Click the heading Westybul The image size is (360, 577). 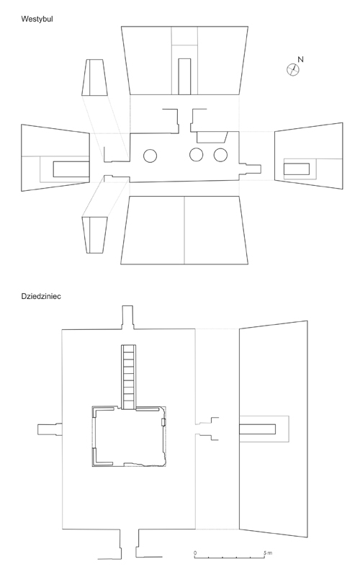click(37, 19)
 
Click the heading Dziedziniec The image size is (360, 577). click(41, 296)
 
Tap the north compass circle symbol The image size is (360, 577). click(293, 70)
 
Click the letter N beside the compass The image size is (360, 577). click(300, 59)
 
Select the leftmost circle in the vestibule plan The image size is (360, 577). click(150, 156)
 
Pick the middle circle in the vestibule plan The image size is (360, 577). click(197, 155)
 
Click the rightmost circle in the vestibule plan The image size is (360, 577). click(220, 155)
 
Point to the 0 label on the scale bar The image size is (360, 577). click(195, 553)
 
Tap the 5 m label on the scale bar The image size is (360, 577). click(268, 553)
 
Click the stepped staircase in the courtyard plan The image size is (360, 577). click(129, 377)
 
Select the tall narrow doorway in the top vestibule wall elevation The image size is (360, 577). click(184, 76)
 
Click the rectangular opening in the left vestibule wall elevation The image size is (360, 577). click(71, 169)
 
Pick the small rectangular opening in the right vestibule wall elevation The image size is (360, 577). click(297, 169)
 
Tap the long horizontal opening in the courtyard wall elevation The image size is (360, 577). click(258, 429)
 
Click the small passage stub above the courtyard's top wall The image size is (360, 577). click(127, 317)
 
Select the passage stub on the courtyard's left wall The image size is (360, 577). click(50, 429)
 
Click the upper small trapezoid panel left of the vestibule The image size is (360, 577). click(94, 77)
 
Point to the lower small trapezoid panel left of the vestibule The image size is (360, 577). click(94, 235)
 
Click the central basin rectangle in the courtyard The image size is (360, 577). click(129, 437)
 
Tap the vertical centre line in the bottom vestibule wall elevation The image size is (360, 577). click(184, 230)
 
